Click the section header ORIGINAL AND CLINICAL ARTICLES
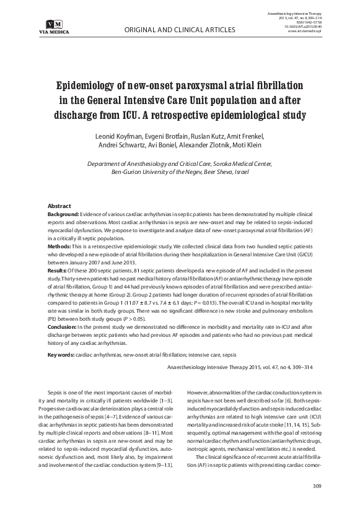180,29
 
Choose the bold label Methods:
61,246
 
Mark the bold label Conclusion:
65,327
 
